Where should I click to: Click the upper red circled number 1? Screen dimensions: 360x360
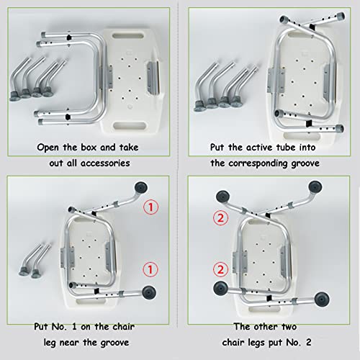coord(150,207)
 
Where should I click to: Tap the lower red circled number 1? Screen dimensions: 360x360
coord(150,269)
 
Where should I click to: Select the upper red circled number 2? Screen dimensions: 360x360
coord(220,218)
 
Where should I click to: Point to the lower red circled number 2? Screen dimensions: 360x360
coord(220,269)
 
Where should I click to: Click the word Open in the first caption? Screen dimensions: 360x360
coord(48,147)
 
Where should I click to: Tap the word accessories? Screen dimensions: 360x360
coord(105,163)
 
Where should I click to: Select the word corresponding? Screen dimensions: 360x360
coord(258,163)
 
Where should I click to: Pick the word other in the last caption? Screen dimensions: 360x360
coord(266,326)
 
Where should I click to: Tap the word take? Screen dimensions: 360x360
coord(129,147)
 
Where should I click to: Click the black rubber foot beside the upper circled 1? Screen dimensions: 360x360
coord(141,187)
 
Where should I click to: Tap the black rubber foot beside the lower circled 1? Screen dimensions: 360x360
coord(149,292)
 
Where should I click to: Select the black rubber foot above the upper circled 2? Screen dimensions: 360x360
coord(222,197)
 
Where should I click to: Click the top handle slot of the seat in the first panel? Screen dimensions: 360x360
coord(128,36)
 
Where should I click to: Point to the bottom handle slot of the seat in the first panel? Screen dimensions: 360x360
coord(130,125)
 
